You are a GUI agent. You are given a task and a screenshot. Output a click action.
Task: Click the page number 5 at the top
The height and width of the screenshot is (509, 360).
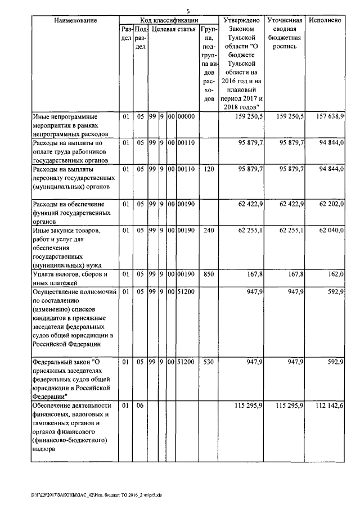point(188,11)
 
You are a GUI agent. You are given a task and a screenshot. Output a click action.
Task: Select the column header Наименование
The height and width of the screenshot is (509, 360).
point(75,20)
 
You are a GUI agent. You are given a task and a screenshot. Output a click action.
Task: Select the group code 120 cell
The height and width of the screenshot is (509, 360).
point(208,169)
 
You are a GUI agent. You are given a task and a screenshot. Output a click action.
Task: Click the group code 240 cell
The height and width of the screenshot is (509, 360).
point(208,231)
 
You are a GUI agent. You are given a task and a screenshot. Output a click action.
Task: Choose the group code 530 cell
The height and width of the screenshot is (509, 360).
point(208,363)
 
